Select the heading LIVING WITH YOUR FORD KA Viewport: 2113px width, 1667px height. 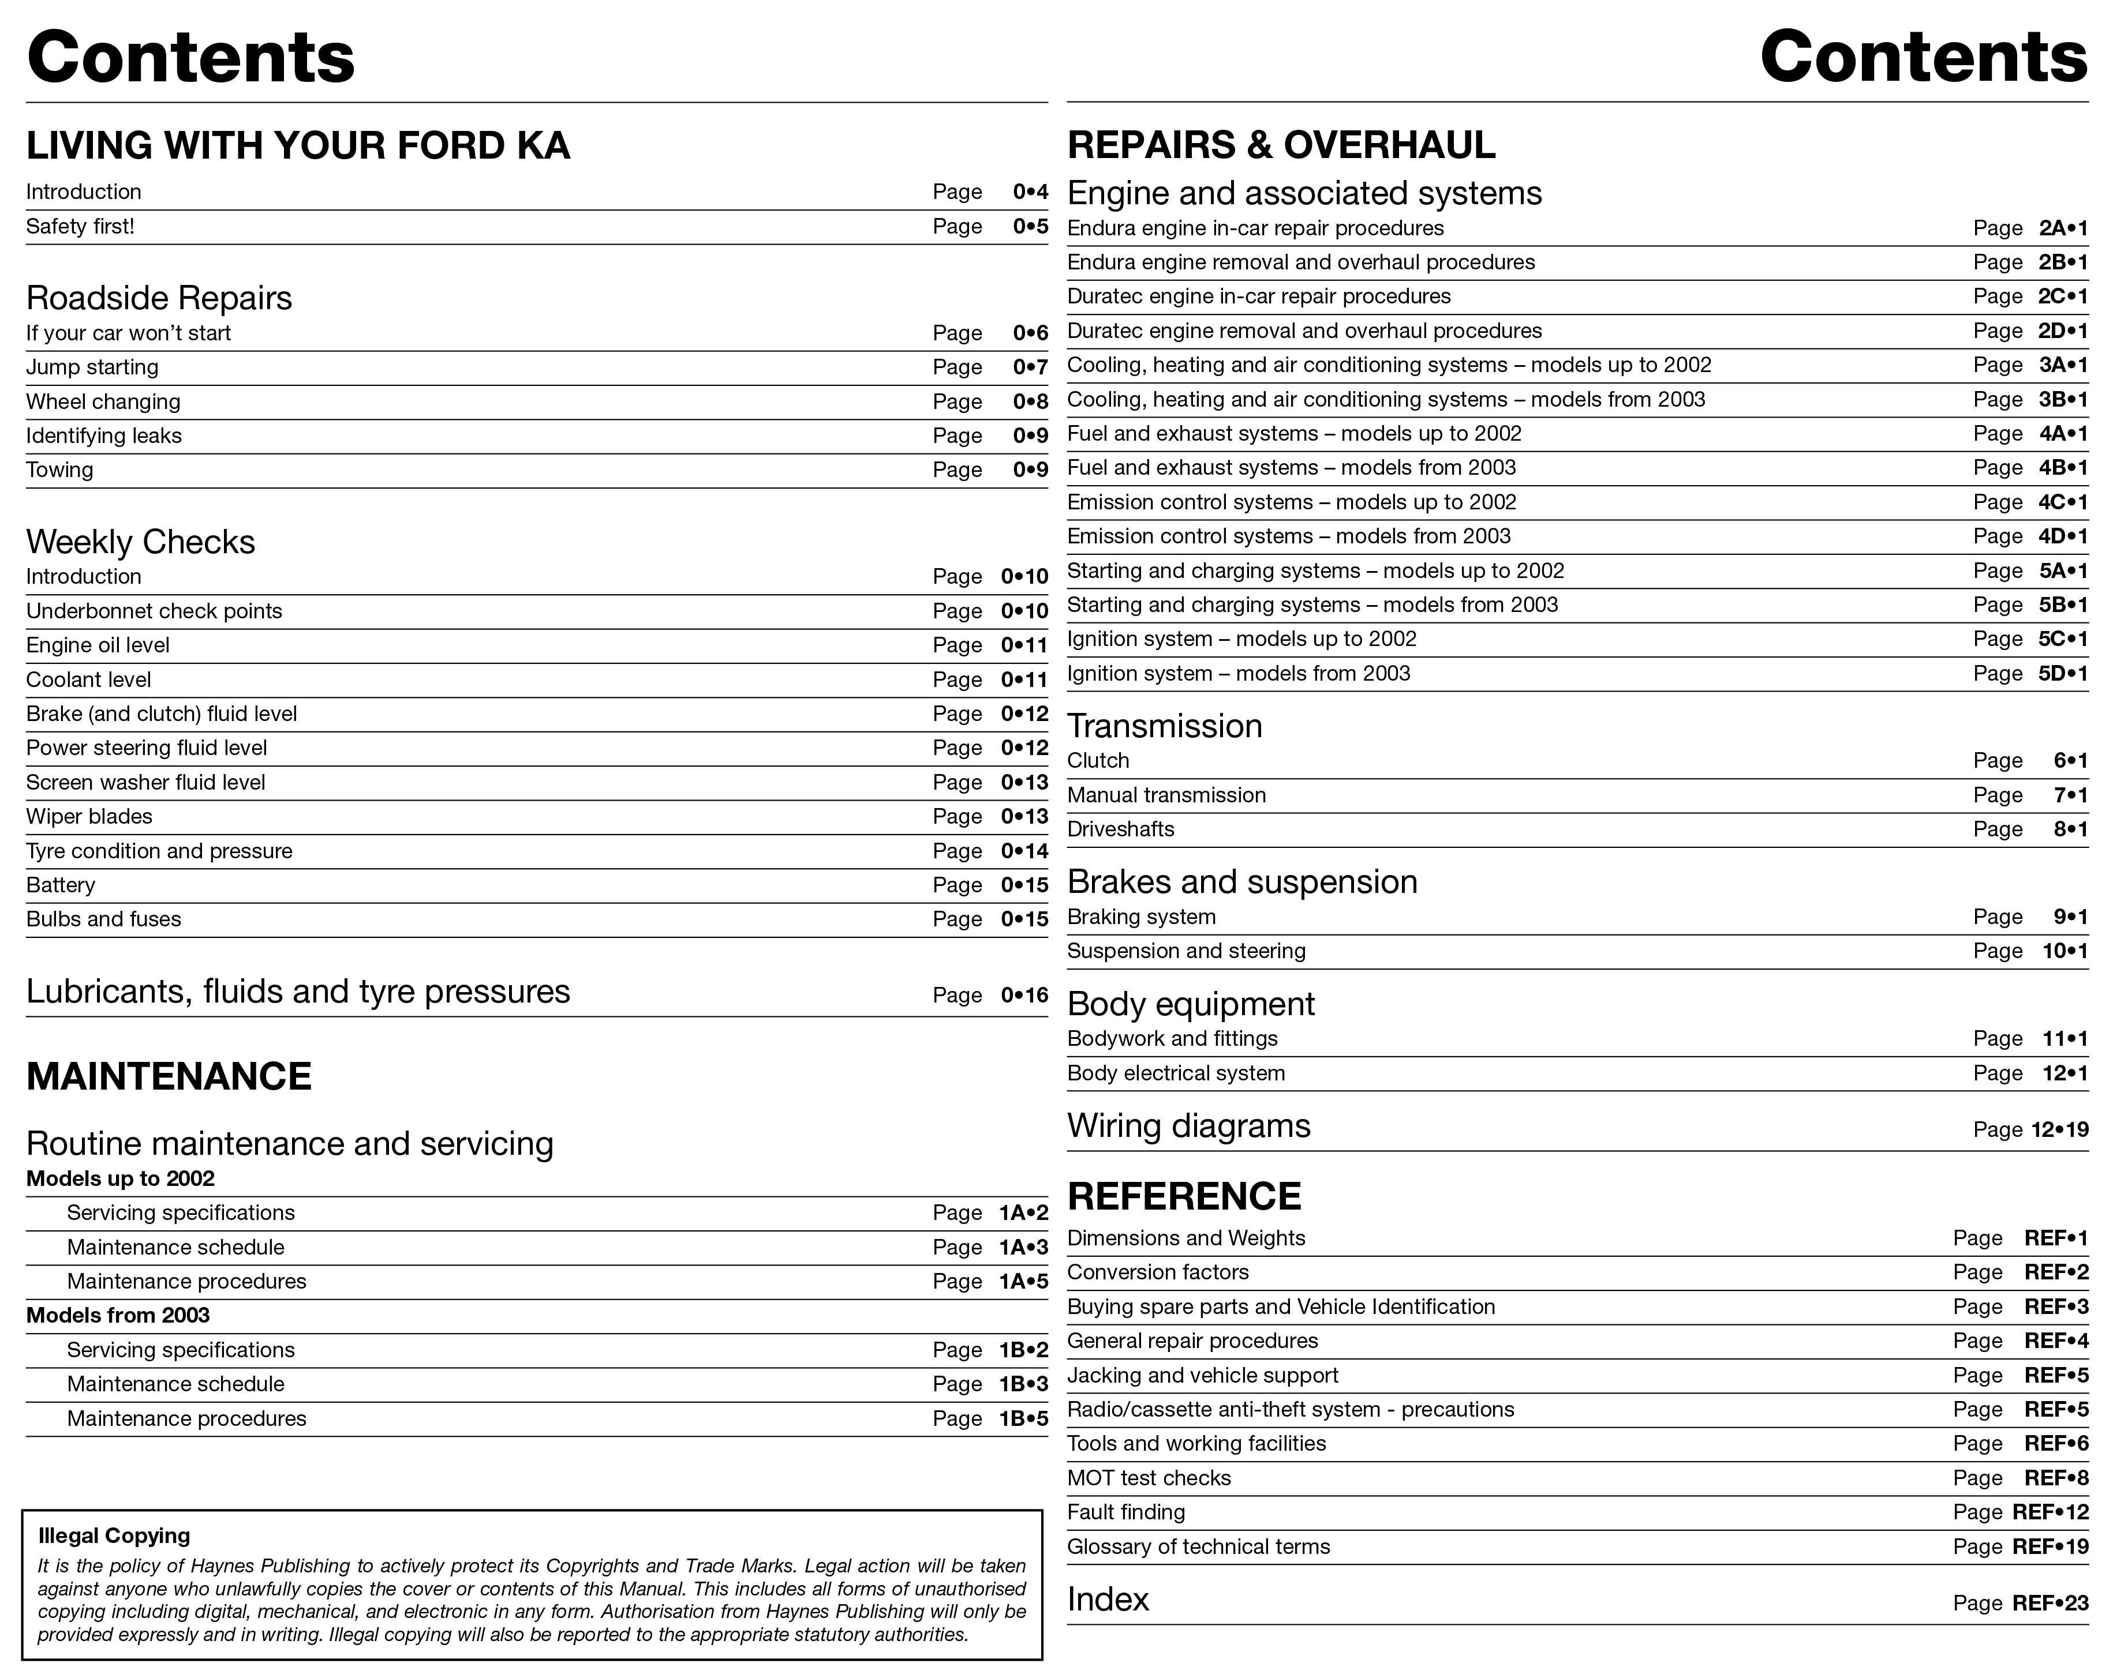click(x=298, y=145)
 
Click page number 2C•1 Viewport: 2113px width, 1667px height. click(x=2062, y=296)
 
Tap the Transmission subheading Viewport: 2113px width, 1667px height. click(x=1164, y=726)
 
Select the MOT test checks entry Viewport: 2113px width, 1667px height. click(x=1149, y=1478)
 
